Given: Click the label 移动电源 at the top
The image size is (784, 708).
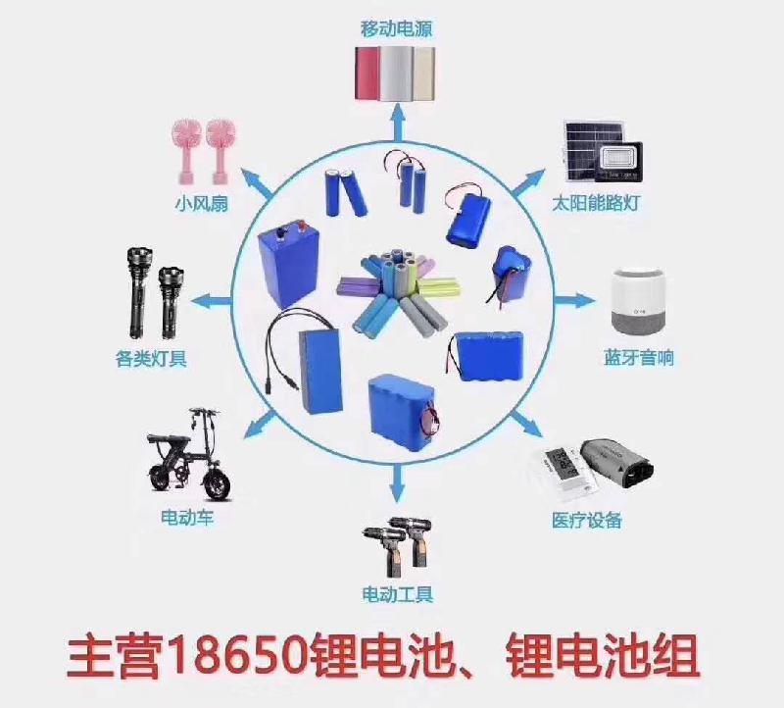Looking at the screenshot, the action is pyautogui.click(x=396, y=28).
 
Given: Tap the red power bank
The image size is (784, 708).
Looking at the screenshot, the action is pyautogui.click(x=368, y=73).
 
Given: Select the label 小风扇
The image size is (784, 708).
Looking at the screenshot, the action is pyautogui.click(x=202, y=203).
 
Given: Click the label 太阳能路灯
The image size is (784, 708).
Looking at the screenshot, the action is pyautogui.click(x=596, y=203).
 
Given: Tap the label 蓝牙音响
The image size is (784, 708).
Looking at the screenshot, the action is pyautogui.click(x=639, y=358).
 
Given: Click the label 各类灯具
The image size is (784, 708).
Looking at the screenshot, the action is pyautogui.click(x=151, y=358).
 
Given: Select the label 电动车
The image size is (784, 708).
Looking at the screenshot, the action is pyautogui.click(x=187, y=517).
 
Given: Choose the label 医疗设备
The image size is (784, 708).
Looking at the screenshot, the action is pyautogui.click(x=586, y=520).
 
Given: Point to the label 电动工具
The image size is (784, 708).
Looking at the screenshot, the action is pyautogui.click(x=397, y=595).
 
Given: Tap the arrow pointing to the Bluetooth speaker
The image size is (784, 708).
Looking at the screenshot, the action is pyautogui.click(x=575, y=301).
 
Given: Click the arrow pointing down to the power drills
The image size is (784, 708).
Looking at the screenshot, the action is pyautogui.click(x=397, y=482).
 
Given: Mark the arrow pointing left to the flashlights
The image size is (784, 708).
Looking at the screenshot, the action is pyautogui.click(x=212, y=301).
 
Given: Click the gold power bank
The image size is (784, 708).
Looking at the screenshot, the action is pyautogui.click(x=423, y=73).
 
